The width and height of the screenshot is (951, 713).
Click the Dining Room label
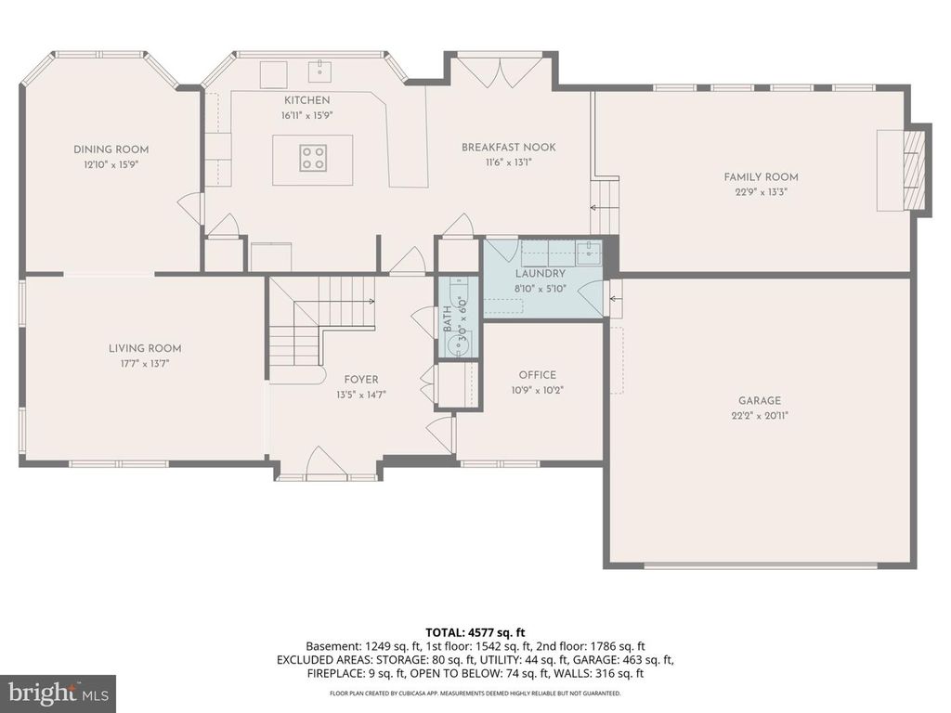pos(111,149)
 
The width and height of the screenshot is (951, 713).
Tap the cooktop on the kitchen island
pos(313,158)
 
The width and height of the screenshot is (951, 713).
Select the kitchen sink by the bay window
pos(320,68)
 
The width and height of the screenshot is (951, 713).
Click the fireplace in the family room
pos(915,170)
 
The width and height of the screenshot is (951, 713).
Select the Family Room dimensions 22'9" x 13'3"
pos(761,192)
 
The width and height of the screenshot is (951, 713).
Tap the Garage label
pos(761,400)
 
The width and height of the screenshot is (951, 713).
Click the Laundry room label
pos(540,274)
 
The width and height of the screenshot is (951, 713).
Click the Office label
pos(537,375)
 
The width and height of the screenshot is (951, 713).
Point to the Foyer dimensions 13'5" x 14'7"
pos(361,394)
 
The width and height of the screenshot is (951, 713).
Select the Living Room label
pos(145,349)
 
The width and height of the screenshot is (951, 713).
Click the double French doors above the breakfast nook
pos(502,71)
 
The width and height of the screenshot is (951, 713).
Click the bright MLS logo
pos(58,693)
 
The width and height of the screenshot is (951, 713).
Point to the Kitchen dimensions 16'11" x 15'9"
pos(306,115)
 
